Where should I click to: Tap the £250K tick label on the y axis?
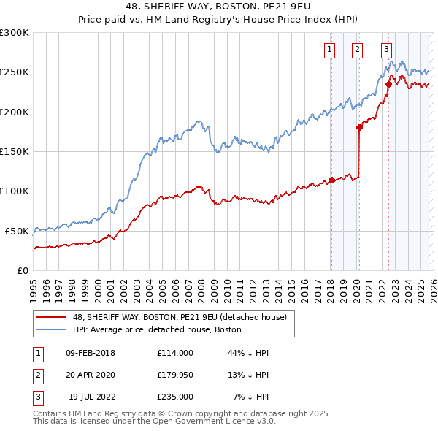(15, 72)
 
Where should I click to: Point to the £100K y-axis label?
(15, 191)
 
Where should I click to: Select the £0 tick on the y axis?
(23, 270)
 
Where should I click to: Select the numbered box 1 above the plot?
(329, 50)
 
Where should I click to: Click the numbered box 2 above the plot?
(357, 50)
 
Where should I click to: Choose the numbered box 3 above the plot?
(385, 50)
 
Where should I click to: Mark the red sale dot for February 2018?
(331, 180)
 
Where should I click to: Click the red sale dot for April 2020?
(359, 127)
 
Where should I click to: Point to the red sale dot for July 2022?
(388, 84)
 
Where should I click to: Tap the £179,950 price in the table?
(176, 375)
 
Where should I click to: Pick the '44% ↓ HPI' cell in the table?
(248, 353)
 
